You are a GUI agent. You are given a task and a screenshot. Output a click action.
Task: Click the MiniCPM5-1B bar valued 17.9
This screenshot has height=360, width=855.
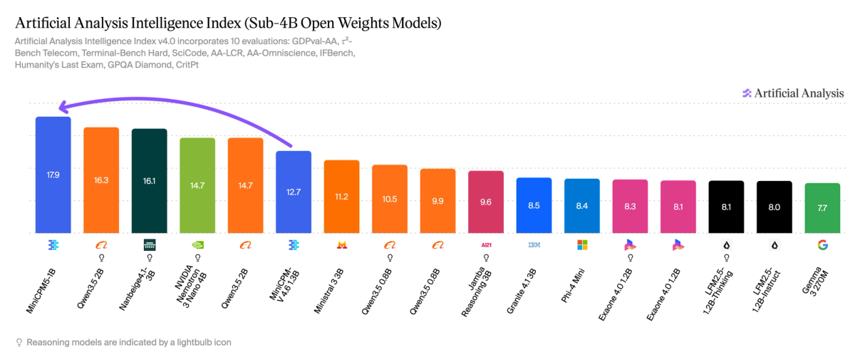[x=53, y=175]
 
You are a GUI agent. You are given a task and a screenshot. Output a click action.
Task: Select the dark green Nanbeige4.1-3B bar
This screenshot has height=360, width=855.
[x=149, y=180]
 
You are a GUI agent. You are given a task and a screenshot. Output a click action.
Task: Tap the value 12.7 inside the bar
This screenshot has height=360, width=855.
[x=294, y=192]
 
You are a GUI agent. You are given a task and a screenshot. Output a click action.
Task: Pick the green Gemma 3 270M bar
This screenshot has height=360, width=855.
[x=822, y=208]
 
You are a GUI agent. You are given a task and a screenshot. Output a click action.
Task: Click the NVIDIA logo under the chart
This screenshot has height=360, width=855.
[x=197, y=245]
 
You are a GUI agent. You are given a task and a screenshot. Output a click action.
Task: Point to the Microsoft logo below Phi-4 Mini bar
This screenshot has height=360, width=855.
[x=582, y=245]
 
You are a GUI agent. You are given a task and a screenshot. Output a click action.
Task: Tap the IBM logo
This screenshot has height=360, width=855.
[x=534, y=245]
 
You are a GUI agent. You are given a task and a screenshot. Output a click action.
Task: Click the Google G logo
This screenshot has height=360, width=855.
[x=822, y=245]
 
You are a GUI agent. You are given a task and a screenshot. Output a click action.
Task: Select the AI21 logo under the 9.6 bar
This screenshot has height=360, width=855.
[x=486, y=245]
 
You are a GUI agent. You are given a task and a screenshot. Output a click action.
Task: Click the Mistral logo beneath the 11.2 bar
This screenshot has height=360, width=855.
[x=341, y=245]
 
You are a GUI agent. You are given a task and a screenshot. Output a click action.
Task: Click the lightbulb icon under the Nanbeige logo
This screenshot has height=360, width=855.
[x=150, y=258]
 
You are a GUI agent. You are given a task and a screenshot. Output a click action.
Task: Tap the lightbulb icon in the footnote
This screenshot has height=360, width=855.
[x=19, y=342]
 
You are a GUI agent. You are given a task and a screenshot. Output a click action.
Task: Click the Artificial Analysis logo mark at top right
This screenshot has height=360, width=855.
[x=747, y=93]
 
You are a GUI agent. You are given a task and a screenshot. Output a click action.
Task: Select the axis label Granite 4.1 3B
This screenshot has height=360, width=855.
[x=522, y=292]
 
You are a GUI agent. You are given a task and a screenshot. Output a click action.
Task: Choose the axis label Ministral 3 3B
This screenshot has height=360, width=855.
[x=328, y=292]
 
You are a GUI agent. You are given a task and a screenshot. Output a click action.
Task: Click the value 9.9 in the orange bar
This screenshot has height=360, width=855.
[x=437, y=201]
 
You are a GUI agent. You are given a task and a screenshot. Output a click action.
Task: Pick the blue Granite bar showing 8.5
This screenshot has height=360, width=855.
[x=534, y=205]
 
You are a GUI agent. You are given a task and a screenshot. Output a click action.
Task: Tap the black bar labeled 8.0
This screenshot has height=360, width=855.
[x=774, y=207]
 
